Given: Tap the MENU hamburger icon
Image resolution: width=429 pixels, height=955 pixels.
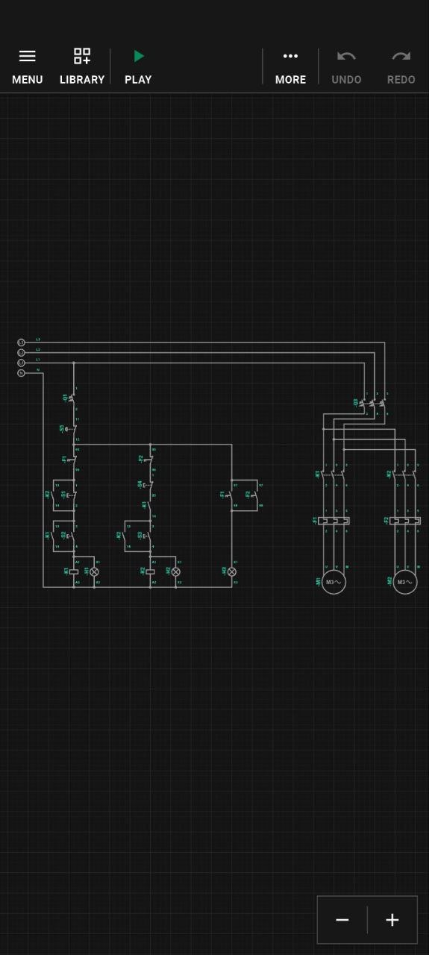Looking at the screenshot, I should pos(27,56).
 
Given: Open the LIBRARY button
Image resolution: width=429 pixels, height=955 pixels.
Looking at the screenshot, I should pos(81,56).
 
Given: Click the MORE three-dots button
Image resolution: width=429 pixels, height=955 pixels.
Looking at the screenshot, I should pos(290,56).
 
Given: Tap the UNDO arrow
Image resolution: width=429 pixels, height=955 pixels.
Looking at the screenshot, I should pos(346,56).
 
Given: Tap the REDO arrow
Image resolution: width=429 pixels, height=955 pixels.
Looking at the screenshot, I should pos(401,56).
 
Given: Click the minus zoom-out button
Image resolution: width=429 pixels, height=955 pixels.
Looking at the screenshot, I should pos(342,920).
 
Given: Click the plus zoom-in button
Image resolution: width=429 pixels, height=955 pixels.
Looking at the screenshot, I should pos(392,920).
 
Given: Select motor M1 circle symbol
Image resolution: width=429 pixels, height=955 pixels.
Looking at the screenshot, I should pos(334,582).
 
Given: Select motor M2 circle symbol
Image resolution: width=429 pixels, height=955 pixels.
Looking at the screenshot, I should pos(405,582).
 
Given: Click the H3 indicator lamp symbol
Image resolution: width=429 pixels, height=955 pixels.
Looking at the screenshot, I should pos(231,572).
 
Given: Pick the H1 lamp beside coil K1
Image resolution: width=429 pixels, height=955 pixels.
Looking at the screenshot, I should pos(94,572).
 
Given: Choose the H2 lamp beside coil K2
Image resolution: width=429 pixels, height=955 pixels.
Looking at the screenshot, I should pos(176,572).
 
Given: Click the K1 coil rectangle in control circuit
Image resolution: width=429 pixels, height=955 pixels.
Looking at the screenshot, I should pos(74,572).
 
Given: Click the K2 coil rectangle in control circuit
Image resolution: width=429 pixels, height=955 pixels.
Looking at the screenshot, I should pos(150,572).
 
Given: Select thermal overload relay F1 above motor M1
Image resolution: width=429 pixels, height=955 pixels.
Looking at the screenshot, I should pos(334,521).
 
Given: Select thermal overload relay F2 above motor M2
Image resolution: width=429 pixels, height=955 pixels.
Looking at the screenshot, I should pos(405,521).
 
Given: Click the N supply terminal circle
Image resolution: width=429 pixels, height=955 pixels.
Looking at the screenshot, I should pos(21,372).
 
